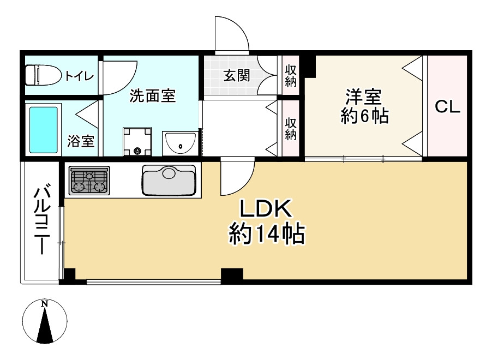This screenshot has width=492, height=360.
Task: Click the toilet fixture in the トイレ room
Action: [43, 75]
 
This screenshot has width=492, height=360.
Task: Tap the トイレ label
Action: [80, 76]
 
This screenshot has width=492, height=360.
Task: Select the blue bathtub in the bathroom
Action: [43, 129]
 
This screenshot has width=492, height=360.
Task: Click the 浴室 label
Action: [81, 142]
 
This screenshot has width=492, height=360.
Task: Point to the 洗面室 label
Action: [152, 96]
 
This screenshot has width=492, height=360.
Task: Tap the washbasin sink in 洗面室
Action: [181, 144]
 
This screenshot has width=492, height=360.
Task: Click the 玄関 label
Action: [236, 75]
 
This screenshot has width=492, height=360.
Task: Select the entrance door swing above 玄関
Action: [231, 34]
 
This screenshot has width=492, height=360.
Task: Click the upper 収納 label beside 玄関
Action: [291, 75]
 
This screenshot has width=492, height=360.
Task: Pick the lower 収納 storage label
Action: [291, 127]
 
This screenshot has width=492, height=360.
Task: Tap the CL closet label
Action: [447, 107]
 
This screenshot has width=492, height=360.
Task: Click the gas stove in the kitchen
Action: [89, 181]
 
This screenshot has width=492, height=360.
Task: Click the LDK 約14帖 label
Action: [266, 222]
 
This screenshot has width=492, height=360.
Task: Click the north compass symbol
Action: [45, 321]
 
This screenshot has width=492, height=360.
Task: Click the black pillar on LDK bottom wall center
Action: [232, 276]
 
